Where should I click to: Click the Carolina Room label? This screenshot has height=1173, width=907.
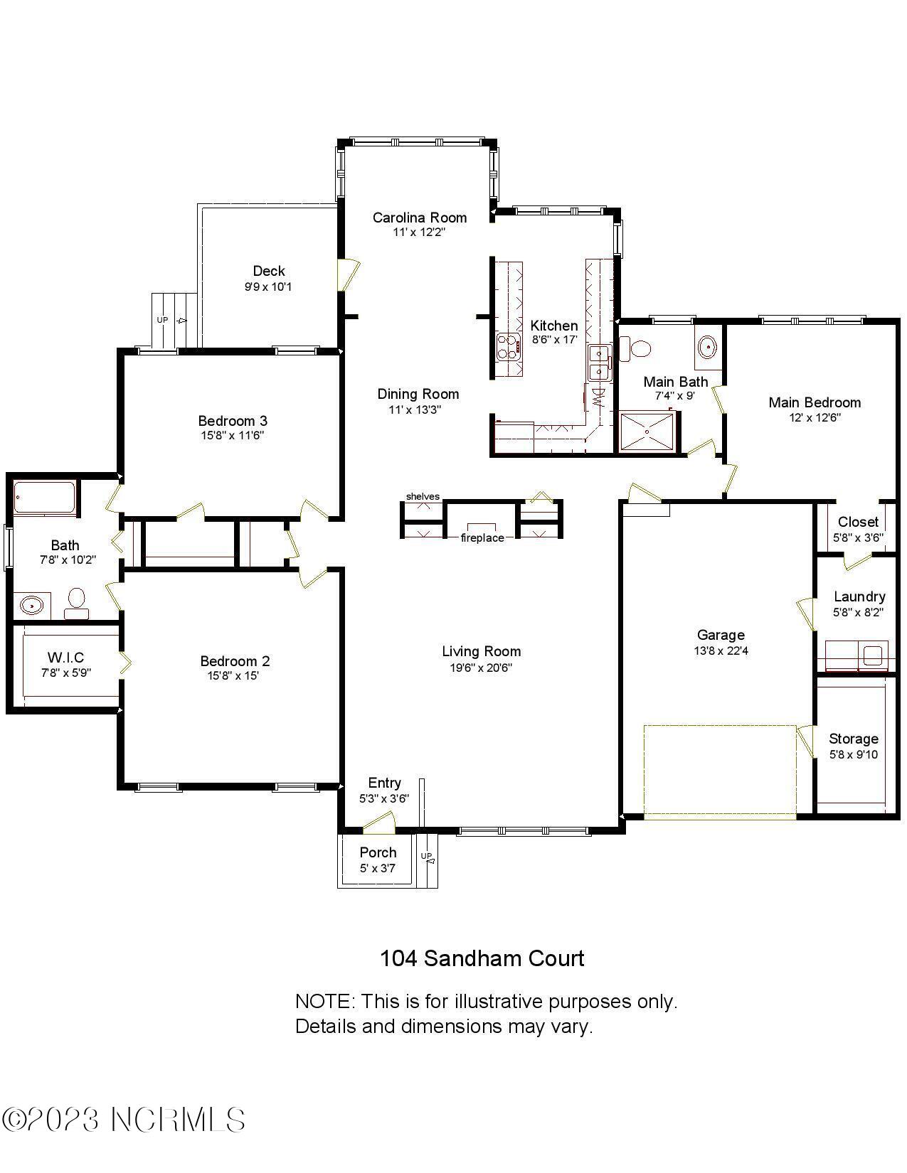click(419, 218)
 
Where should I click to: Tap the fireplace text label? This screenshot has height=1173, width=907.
click(482, 538)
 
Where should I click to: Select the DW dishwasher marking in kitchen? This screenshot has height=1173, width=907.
click(598, 396)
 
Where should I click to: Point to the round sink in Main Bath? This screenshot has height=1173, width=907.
click(708, 347)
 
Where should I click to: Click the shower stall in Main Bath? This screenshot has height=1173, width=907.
click(647, 431)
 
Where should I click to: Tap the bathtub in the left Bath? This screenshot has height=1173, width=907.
click(45, 498)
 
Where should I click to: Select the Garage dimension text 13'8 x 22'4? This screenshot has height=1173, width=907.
click(720, 650)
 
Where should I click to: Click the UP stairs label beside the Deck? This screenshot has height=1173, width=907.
click(163, 320)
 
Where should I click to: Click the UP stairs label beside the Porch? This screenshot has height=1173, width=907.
click(426, 856)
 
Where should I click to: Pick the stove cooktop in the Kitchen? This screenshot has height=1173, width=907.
click(509, 346)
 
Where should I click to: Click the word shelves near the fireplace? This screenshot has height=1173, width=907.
click(423, 496)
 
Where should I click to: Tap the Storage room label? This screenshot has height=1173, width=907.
click(853, 739)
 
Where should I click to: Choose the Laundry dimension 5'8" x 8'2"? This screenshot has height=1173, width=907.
click(859, 612)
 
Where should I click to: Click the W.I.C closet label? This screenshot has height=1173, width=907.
click(65, 657)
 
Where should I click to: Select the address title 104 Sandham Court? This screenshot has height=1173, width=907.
click(482, 958)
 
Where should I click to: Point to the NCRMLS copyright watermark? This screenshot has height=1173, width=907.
click(124, 1120)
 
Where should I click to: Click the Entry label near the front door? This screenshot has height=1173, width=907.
click(384, 783)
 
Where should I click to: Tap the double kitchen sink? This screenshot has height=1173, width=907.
click(600, 362)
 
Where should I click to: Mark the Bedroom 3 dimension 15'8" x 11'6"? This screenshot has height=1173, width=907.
click(232, 436)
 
